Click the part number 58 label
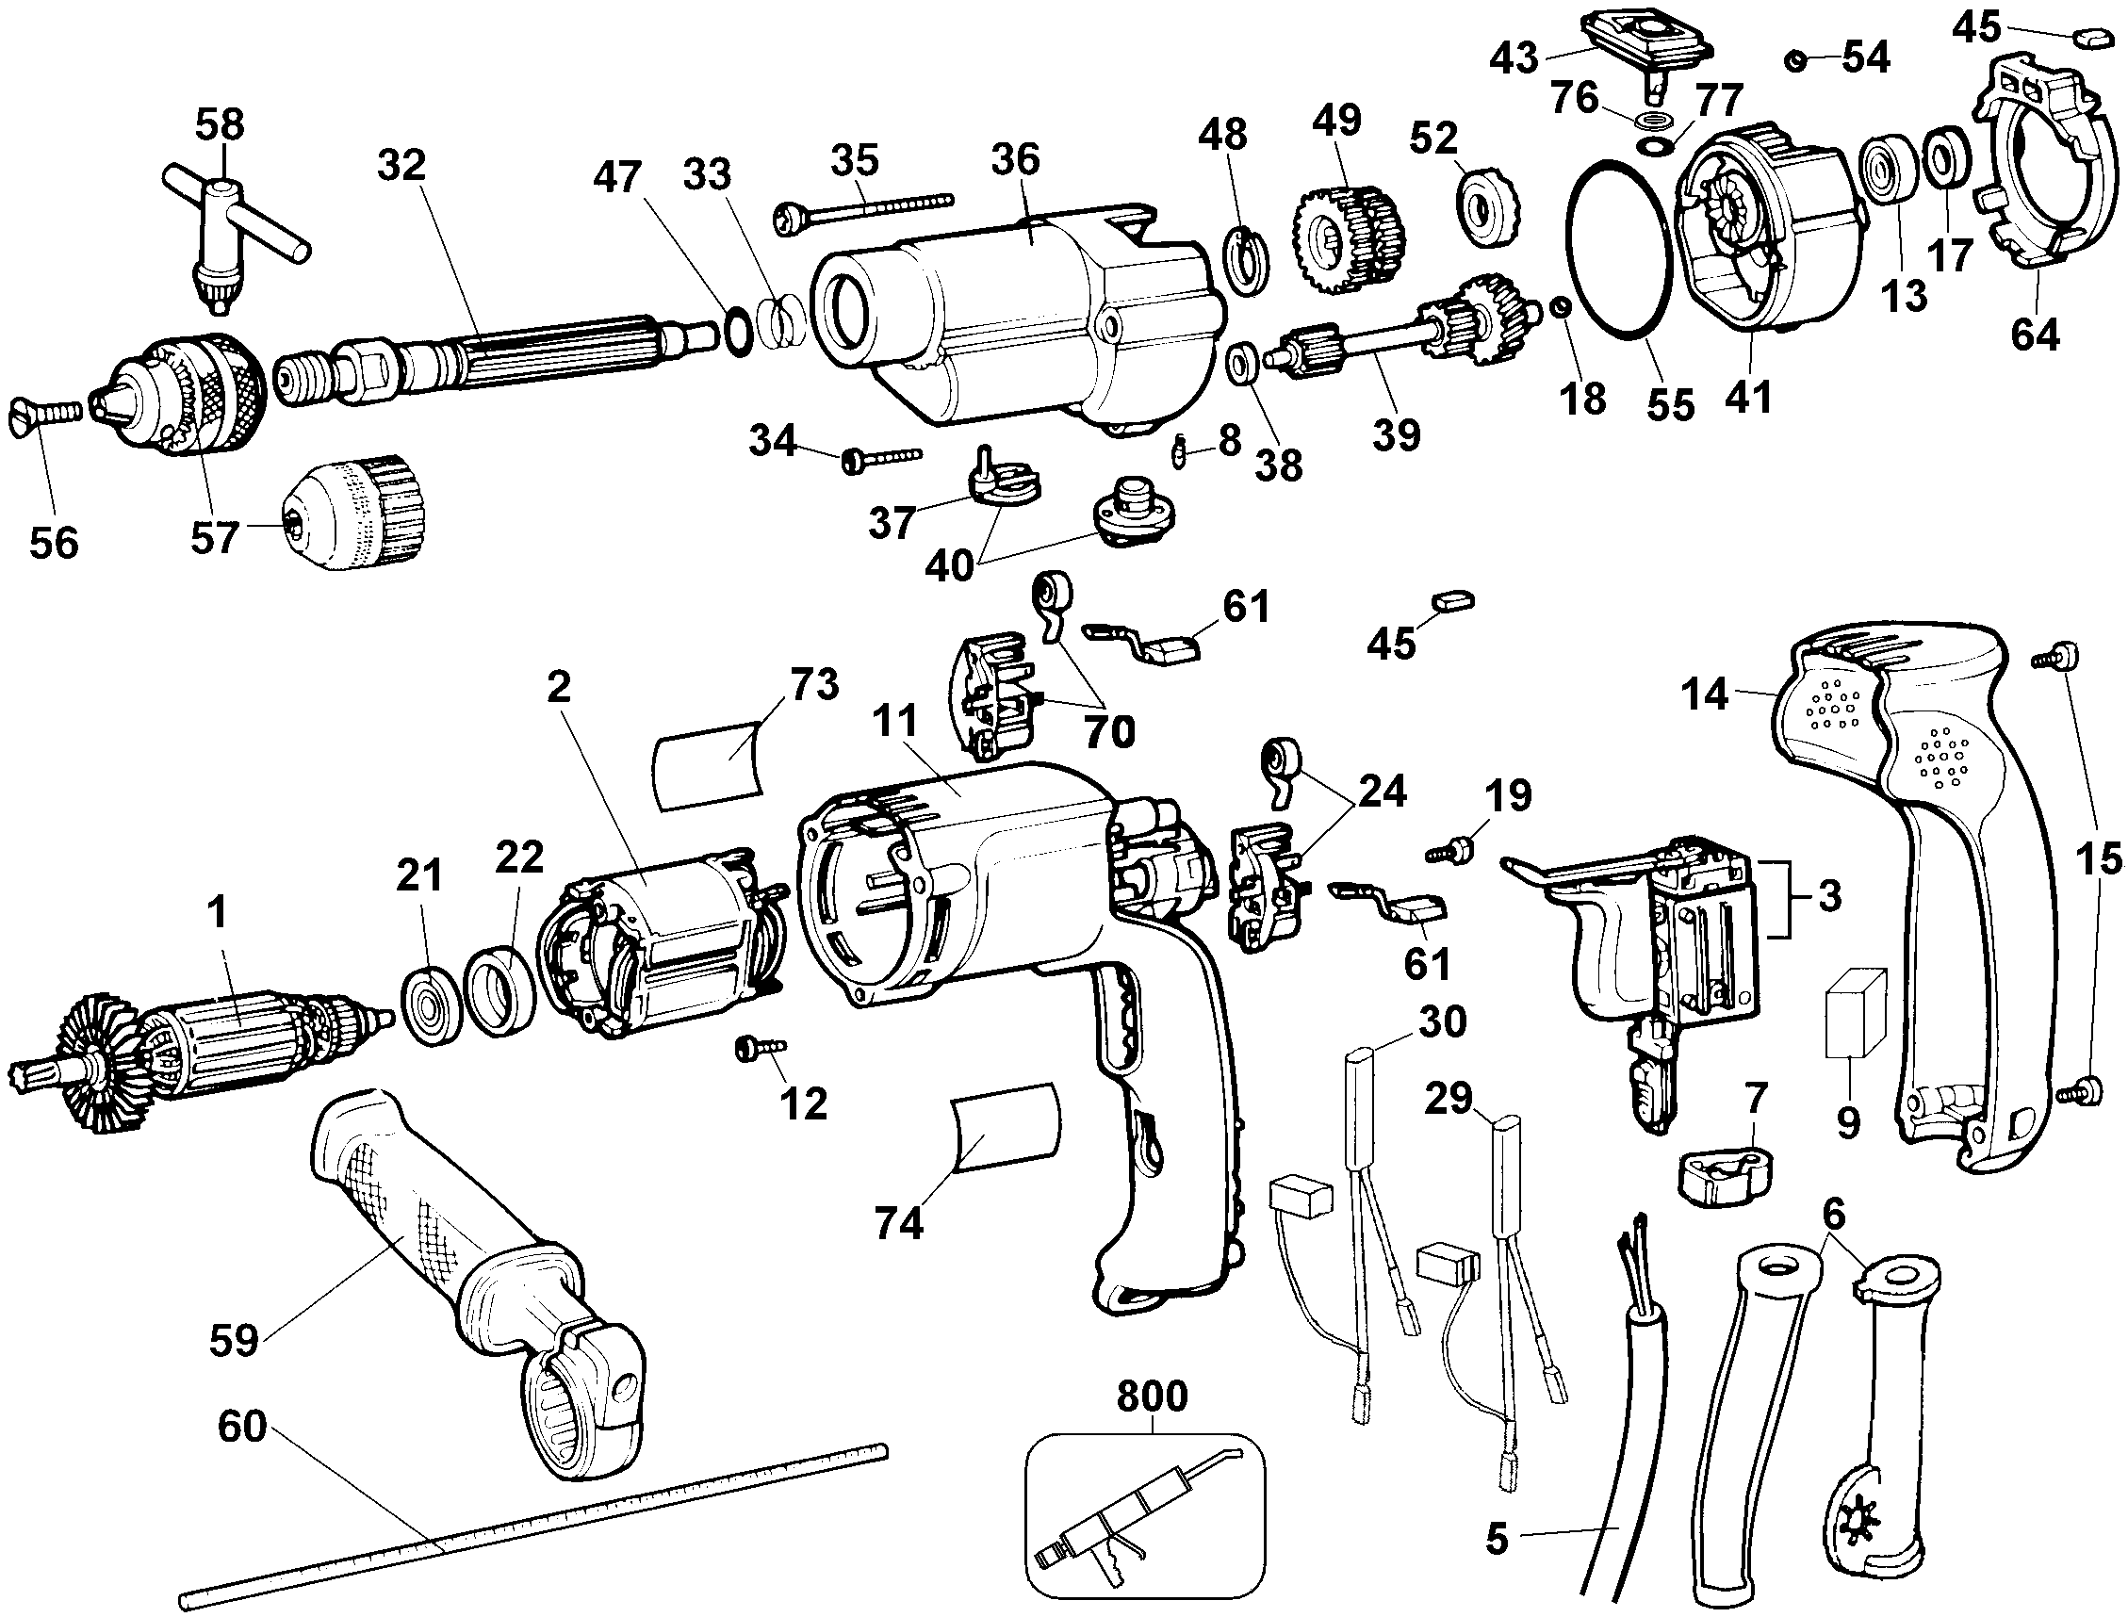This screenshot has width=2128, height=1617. pyautogui.click(x=221, y=125)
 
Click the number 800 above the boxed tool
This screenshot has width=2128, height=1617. pyautogui.click(x=1152, y=1396)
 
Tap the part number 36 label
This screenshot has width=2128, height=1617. pyautogui.click(x=1015, y=160)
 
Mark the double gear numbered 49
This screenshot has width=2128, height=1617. pyautogui.click(x=1347, y=235)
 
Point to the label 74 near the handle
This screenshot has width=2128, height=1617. pyautogui.click(x=899, y=1224)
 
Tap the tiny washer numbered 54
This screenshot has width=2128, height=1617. pyautogui.click(x=1793, y=61)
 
